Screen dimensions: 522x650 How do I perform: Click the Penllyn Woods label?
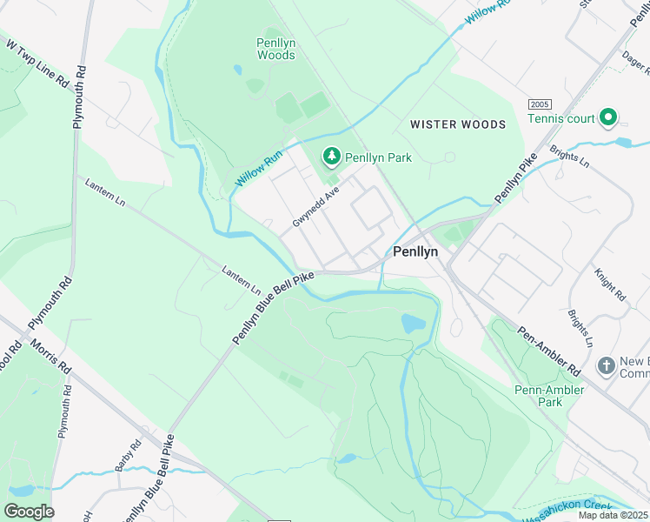click(x=275, y=49)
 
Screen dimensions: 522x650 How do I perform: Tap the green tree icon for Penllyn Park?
click(x=331, y=157)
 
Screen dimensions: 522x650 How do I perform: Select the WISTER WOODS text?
click(x=458, y=124)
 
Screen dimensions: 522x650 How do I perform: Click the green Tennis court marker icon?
click(x=608, y=117)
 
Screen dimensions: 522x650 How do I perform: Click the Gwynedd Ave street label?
click(x=315, y=209)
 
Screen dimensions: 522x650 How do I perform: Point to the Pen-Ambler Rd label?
click(x=549, y=345)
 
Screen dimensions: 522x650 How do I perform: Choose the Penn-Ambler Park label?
click(x=549, y=396)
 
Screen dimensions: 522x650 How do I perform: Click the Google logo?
click(x=29, y=512)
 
